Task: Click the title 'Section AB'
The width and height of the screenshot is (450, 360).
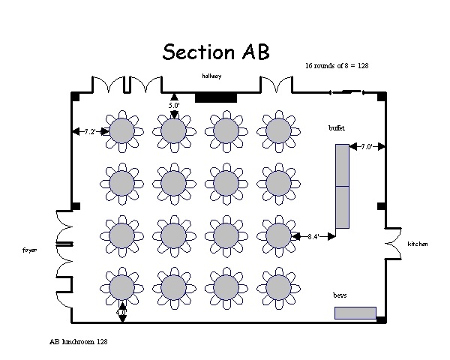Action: click(x=216, y=52)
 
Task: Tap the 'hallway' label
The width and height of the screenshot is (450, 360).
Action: click(x=211, y=76)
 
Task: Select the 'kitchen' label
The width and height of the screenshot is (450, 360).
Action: click(x=418, y=245)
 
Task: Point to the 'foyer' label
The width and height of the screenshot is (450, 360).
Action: click(x=29, y=250)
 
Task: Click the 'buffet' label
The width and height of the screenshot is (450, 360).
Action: click(x=337, y=128)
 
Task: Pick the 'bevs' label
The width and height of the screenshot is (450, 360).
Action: click(x=340, y=295)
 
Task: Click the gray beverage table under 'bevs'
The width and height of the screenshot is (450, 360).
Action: click(x=355, y=313)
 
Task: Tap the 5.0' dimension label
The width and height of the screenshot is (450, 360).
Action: click(x=174, y=106)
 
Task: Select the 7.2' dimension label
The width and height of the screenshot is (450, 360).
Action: click(x=90, y=131)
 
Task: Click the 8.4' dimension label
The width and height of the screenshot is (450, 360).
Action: click(x=313, y=236)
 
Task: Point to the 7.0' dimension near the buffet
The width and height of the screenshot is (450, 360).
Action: click(x=366, y=147)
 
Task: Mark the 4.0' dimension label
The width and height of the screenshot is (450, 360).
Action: click(x=122, y=310)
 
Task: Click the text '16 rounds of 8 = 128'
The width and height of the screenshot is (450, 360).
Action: click(x=337, y=67)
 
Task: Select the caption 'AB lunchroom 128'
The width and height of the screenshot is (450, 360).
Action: click(x=79, y=341)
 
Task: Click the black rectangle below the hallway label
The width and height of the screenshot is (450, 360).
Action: click(x=216, y=97)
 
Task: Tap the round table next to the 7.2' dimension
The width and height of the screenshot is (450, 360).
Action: click(x=121, y=131)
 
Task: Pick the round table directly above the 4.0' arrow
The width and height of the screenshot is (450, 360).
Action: click(x=121, y=286)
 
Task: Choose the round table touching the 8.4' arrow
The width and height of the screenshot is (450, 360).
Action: click(x=277, y=235)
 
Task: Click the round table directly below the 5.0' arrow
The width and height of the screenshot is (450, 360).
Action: click(x=173, y=131)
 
